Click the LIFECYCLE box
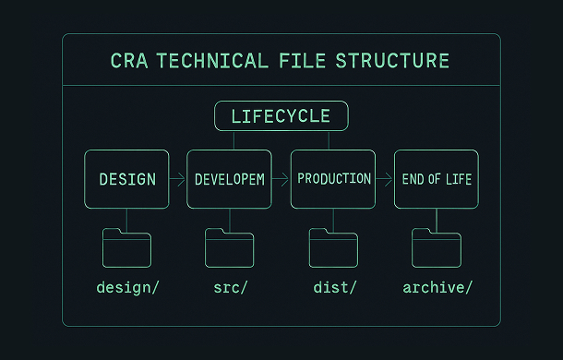(x=281, y=116)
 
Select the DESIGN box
(x=126, y=179)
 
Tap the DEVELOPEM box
(x=230, y=179)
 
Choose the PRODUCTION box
(x=333, y=179)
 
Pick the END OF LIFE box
(x=437, y=179)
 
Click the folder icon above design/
(x=126, y=247)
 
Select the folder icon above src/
(x=230, y=247)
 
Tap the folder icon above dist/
(x=333, y=247)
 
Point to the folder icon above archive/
(x=437, y=247)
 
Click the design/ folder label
(x=127, y=287)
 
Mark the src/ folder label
(x=230, y=287)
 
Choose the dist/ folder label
(x=334, y=287)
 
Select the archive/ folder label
(x=437, y=287)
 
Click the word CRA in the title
(x=128, y=61)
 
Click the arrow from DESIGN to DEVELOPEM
(x=178, y=179)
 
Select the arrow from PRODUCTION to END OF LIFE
(x=385, y=179)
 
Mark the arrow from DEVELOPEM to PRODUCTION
(x=281, y=179)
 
